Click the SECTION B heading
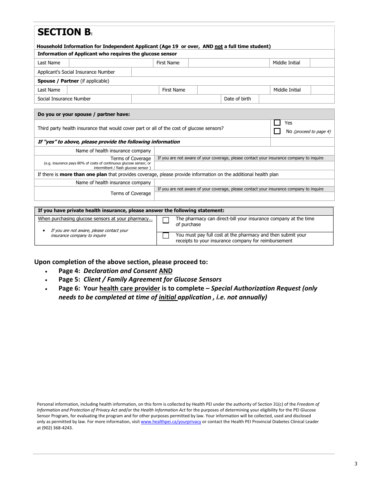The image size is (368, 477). pyautogui.click(x=64, y=32)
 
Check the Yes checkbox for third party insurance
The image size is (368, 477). pyautogui.click(x=277, y=123)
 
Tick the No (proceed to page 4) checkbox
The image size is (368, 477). pyautogui.click(x=277, y=131)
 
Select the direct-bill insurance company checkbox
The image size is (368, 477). pyautogui.click(x=166, y=221)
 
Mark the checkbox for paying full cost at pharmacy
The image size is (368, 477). pyautogui.click(x=166, y=236)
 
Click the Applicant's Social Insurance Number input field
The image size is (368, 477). pyautogui.click(x=232, y=72)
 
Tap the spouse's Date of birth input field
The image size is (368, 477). pyautogui.click(x=296, y=99)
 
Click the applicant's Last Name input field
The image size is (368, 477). pyautogui.click(x=111, y=63)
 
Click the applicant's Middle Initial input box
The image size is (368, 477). pyautogui.click(x=322, y=63)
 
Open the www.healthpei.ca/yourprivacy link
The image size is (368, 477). pyautogui.click(x=171, y=422)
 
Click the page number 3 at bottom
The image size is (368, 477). pyautogui.click(x=356, y=464)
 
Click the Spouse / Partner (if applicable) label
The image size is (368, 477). pyautogui.click(x=73, y=81)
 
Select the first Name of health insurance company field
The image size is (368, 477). pyautogui.click(x=244, y=151)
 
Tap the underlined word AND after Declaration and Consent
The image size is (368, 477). pyautogui.click(x=165, y=271)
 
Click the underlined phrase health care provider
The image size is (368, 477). pyautogui.click(x=130, y=289)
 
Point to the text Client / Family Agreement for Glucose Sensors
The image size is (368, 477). pyautogui.click(x=152, y=280)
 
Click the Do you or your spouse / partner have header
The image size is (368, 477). pyautogui.click(x=84, y=114)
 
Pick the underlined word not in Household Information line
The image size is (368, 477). pyautogui.click(x=218, y=47)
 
